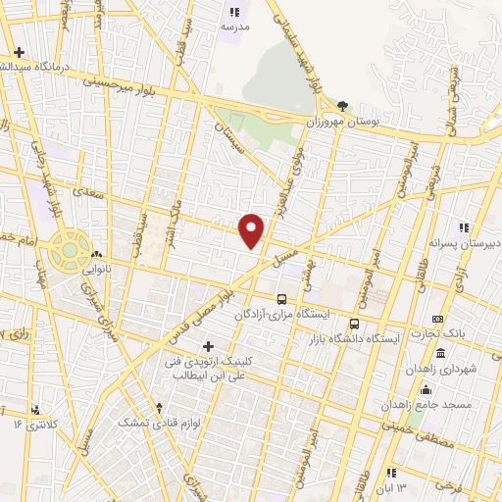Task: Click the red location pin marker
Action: (253, 231)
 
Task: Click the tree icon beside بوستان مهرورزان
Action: (342, 105)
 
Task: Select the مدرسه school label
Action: (235, 26)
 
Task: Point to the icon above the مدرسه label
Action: (234, 12)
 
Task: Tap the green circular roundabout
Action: (70, 250)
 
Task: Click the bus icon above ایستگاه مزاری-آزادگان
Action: (281, 299)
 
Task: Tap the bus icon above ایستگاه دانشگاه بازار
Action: (354, 323)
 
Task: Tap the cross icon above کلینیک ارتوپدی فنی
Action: (208, 346)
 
